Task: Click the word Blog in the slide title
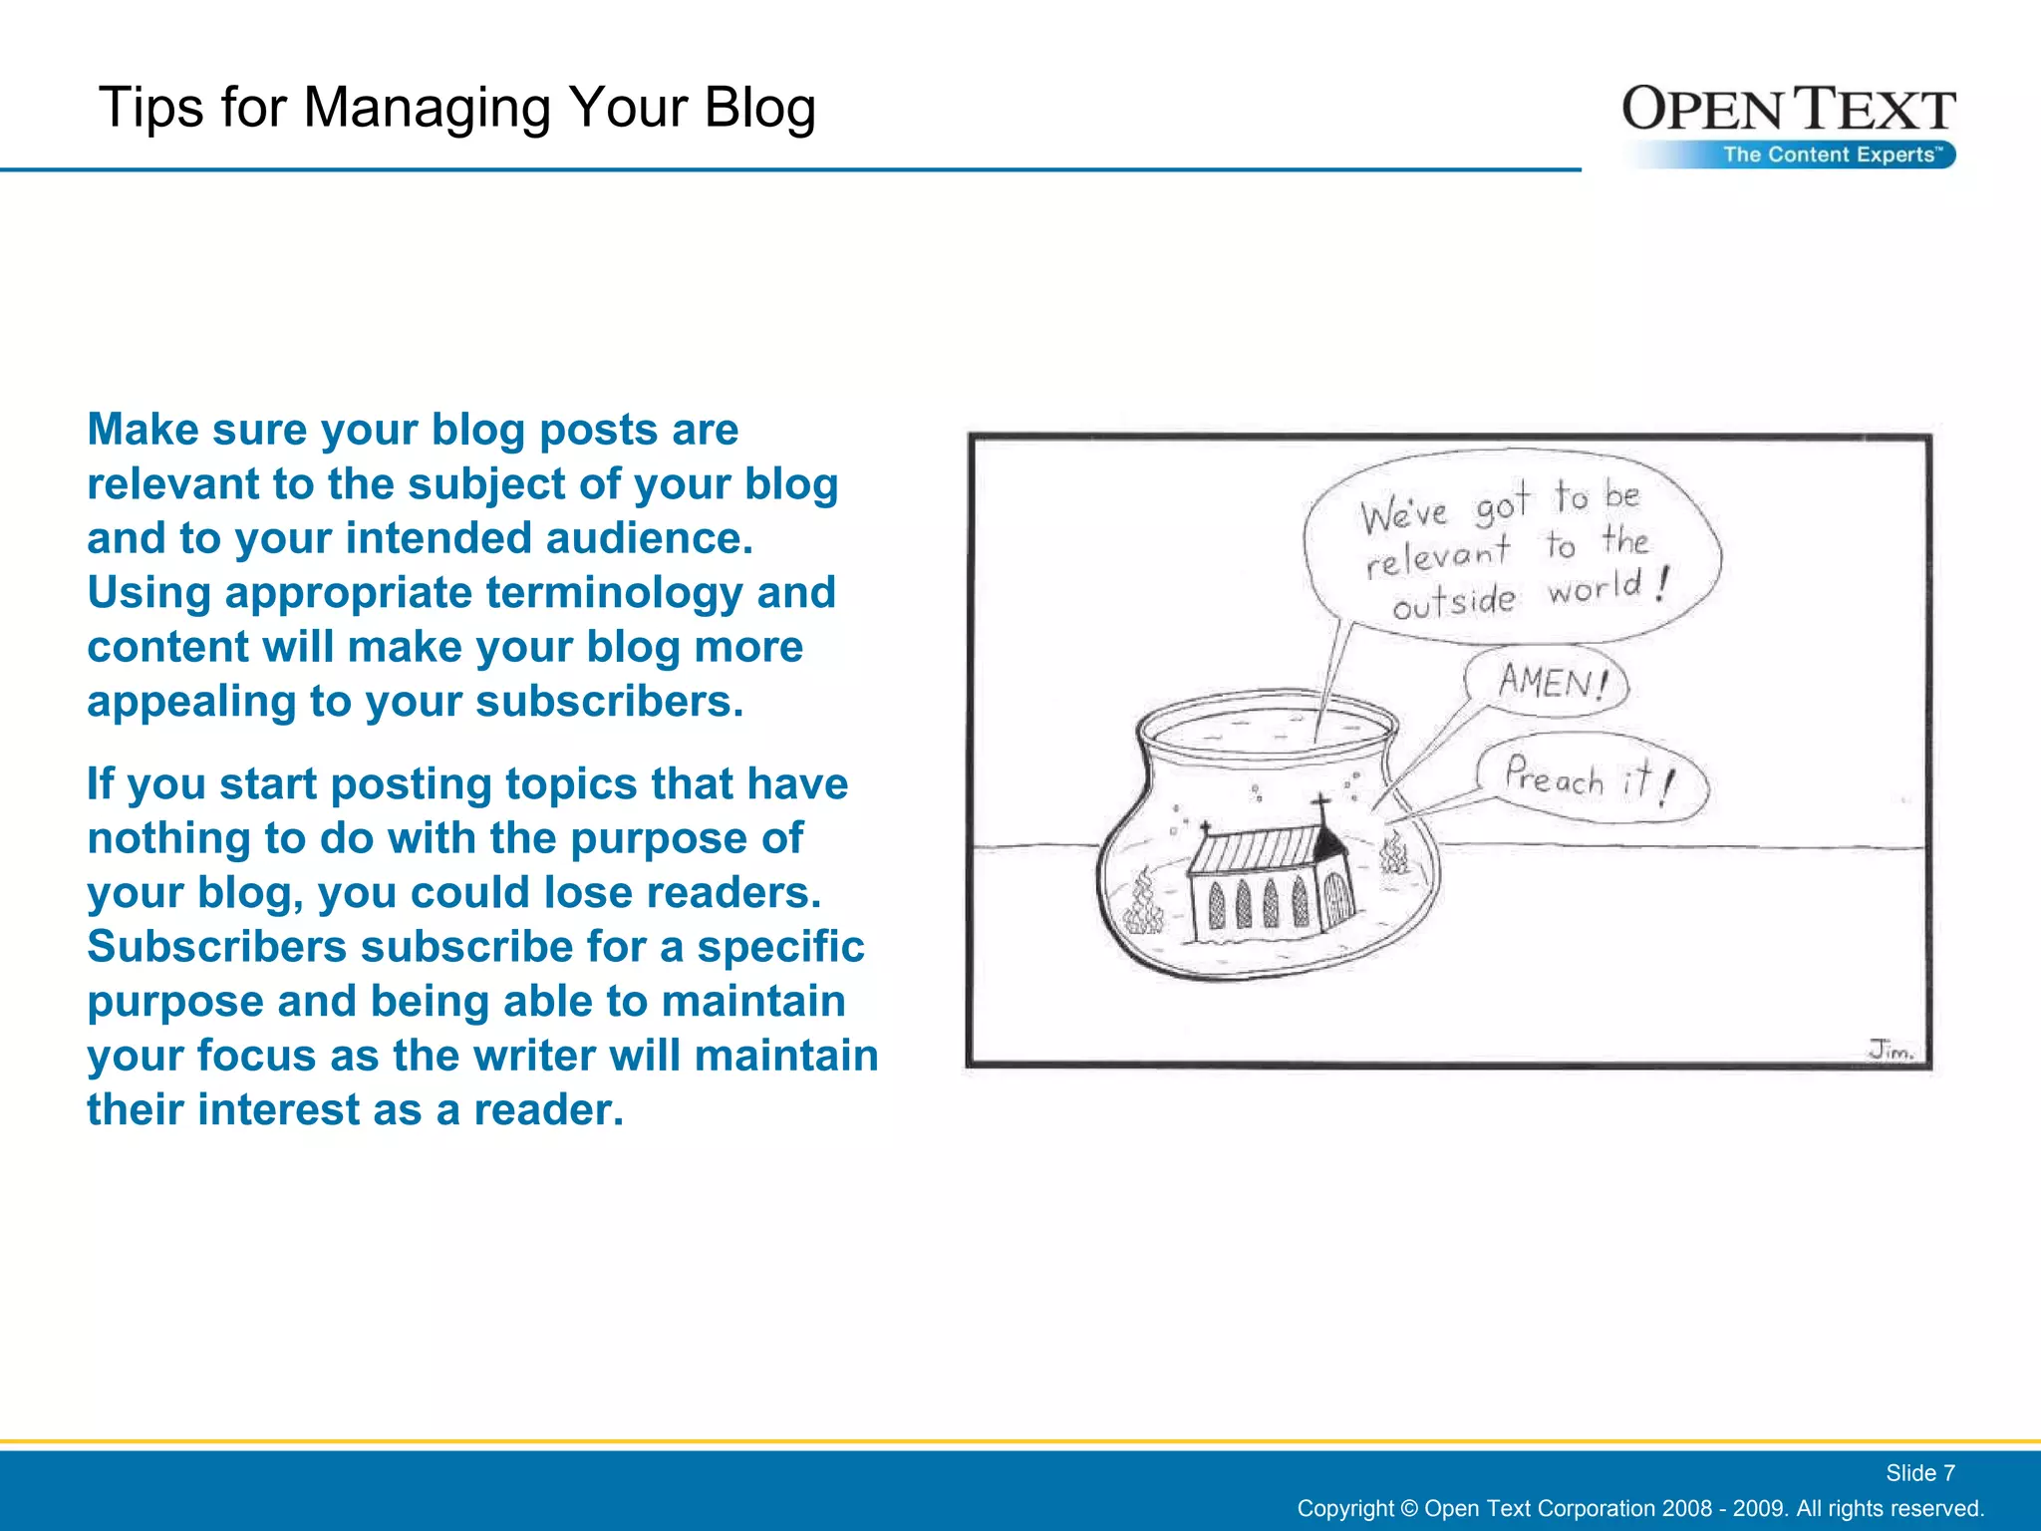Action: pyautogui.click(x=759, y=108)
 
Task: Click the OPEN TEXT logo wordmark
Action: pyautogui.click(x=1788, y=110)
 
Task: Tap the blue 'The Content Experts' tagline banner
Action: pyautogui.click(x=1832, y=154)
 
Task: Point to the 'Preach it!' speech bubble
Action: pyautogui.click(x=1591, y=778)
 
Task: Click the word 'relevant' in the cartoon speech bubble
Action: pyautogui.click(x=1436, y=556)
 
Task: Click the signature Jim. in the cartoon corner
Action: pyautogui.click(x=1890, y=1050)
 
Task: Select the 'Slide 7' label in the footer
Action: pyautogui.click(x=1919, y=1472)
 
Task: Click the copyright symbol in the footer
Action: pyautogui.click(x=1409, y=1508)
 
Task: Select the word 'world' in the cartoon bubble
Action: pyautogui.click(x=1594, y=588)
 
